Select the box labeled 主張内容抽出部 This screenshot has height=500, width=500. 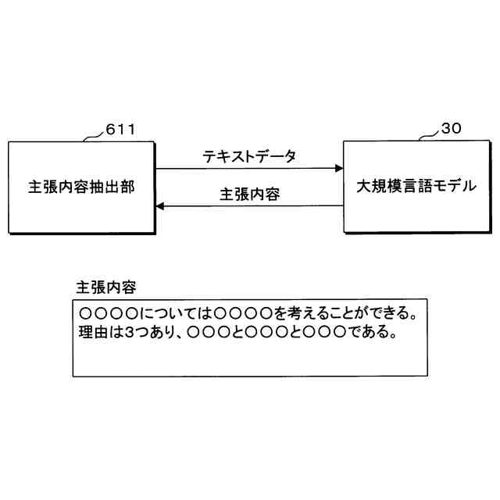81,187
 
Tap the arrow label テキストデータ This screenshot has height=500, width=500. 249,157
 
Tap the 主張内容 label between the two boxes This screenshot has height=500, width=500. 249,195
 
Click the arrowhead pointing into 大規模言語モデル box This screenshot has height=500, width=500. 339,168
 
